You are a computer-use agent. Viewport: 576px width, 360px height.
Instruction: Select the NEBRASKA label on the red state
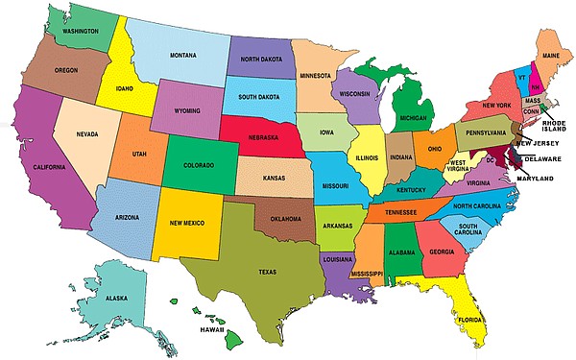(262, 137)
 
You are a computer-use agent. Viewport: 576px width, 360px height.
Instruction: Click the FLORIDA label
(470, 319)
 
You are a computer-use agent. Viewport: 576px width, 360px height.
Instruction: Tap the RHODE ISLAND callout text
(554, 127)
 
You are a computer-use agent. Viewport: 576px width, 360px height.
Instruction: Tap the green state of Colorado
(200, 163)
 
